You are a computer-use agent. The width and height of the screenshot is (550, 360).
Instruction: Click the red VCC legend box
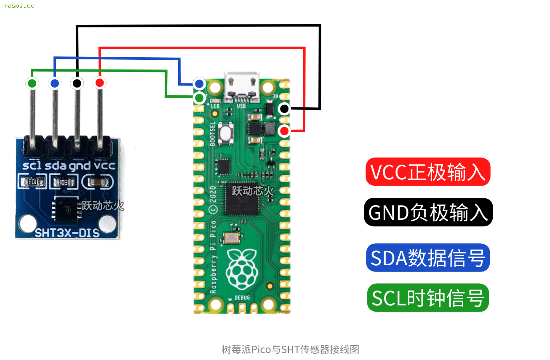click(428, 172)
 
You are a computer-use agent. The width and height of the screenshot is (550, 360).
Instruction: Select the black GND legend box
click(428, 212)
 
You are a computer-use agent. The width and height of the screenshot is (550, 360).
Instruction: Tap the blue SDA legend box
click(428, 258)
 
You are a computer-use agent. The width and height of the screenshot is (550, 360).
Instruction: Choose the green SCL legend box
click(428, 298)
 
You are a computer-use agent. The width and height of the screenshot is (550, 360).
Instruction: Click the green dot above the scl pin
click(32, 83)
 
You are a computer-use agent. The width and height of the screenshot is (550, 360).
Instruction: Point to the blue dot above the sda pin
click(55, 83)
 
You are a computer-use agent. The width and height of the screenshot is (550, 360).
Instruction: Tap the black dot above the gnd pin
click(77, 83)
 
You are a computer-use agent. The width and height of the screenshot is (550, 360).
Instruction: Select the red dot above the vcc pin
click(99, 83)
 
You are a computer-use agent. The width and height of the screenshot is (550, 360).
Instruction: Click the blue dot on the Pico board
click(199, 83)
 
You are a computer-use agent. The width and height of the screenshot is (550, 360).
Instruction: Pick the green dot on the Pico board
click(199, 99)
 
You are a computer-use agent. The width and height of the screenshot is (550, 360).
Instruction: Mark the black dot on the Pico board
click(285, 109)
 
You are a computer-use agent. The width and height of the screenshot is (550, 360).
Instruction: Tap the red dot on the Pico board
click(285, 131)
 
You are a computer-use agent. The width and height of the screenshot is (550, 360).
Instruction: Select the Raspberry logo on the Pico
click(241, 269)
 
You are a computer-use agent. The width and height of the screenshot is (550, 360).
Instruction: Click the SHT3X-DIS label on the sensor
click(67, 232)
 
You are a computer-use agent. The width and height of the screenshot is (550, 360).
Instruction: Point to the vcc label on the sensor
click(104, 165)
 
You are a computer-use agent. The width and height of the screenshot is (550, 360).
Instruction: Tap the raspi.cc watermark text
click(19, 6)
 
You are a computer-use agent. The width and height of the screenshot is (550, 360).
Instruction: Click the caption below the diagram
click(290, 349)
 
